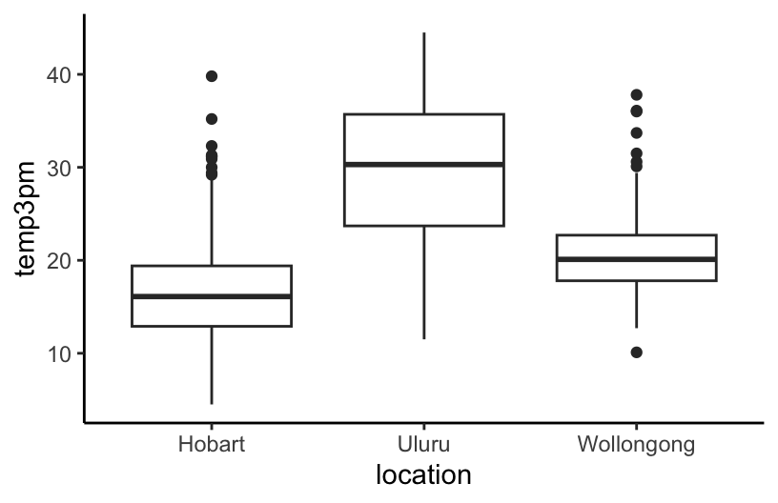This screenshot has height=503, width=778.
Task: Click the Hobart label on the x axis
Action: coord(211,445)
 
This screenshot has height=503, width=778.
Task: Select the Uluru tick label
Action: coord(423,445)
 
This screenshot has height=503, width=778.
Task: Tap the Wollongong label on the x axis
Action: coord(636,445)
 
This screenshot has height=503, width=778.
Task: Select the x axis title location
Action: coord(423,474)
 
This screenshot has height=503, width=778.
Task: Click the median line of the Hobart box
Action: coord(212,296)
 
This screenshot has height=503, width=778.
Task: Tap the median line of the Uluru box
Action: coord(423,164)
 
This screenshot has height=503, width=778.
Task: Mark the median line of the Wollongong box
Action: coord(636,259)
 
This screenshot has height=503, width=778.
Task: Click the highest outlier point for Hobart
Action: coord(212,75)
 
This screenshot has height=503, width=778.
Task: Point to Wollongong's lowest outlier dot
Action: coord(636,352)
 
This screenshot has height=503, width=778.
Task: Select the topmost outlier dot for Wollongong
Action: coord(636,94)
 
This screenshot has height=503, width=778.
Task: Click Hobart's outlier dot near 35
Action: coord(212,119)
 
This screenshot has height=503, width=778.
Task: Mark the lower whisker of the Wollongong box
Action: coord(636,305)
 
